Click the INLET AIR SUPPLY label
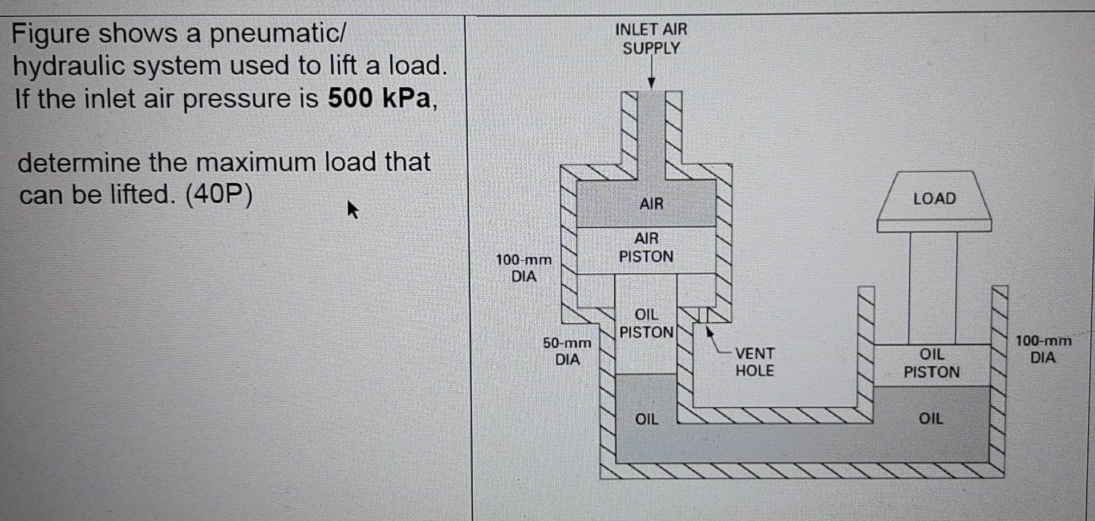point(651,39)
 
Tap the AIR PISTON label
point(646,247)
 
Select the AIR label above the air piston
point(651,204)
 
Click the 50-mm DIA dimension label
point(567,351)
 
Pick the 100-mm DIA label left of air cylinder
point(524,268)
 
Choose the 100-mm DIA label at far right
point(1043,349)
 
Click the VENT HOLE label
point(755,362)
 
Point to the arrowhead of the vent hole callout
point(709,330)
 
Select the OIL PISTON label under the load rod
point(931,363)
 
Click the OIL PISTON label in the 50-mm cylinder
point(646,323)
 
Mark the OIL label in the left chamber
point(647,419)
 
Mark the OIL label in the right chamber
point(931,418)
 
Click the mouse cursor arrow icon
point(352,209)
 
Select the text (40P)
point(218,195)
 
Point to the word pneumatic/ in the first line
point(277,33)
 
